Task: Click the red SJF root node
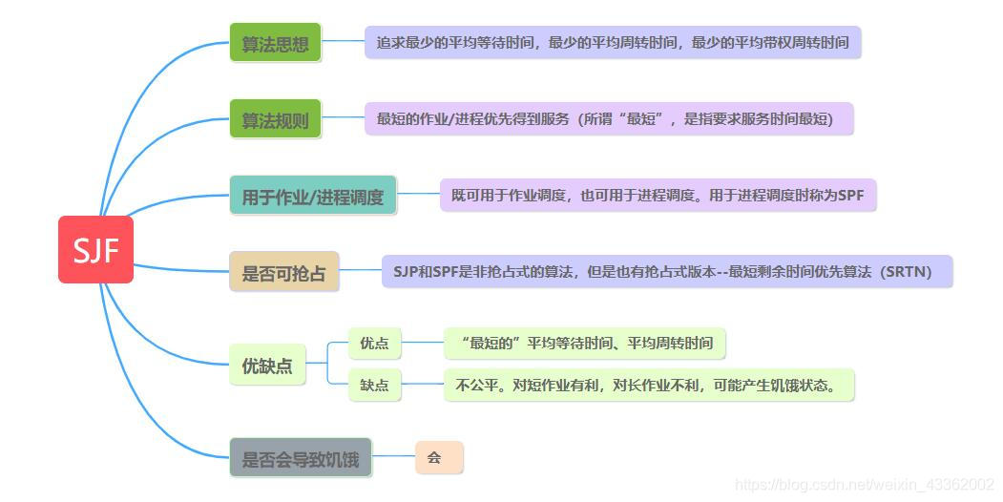[95, 250]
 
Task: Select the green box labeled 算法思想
[275, 43]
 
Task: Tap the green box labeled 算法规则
[275, 120]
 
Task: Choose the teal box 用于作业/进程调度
[312, 197]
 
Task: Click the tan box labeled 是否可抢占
[283, 273]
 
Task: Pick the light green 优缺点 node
[267, 365]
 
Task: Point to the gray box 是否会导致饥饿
[300, 459]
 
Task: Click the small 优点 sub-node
[374, 343]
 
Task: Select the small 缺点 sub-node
[374, 386]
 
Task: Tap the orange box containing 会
[438, 458]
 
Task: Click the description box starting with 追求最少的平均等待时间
[612, 43]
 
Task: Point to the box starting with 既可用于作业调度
[657, 196]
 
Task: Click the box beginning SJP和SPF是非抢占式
[666, 272]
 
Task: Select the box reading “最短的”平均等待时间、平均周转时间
[585, 343]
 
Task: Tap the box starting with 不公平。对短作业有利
[648, 386]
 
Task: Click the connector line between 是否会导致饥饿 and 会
[392, 459]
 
